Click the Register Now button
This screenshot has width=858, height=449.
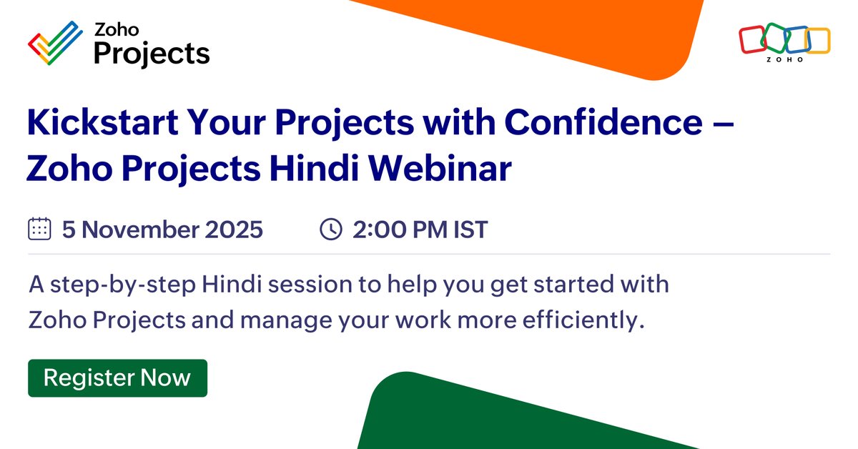click(117, 378)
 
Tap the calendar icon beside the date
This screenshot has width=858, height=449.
click(39, 230)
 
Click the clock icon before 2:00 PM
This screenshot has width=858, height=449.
click(330, 230)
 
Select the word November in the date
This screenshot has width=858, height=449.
click(137, 230)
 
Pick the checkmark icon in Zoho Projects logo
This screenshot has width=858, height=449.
click(54, 42)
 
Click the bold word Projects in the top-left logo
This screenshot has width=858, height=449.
click(152, 53)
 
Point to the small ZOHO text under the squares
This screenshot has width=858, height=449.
click(784, 60)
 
